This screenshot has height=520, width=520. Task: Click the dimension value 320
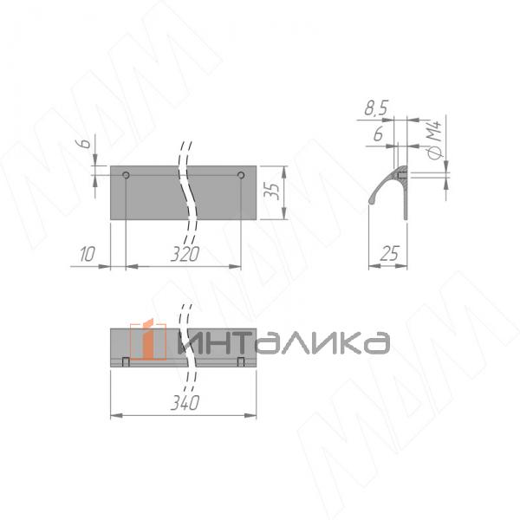[184, 255]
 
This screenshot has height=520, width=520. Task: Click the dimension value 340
[184, 404]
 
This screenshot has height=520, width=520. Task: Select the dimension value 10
[86, 255]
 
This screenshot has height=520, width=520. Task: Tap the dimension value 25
[388, 254]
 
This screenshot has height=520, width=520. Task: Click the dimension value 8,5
[375, 109]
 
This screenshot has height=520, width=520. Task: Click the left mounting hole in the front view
[127, 176]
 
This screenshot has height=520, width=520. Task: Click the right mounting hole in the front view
[241, 176]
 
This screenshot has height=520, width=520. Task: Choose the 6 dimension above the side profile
[378, 135]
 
